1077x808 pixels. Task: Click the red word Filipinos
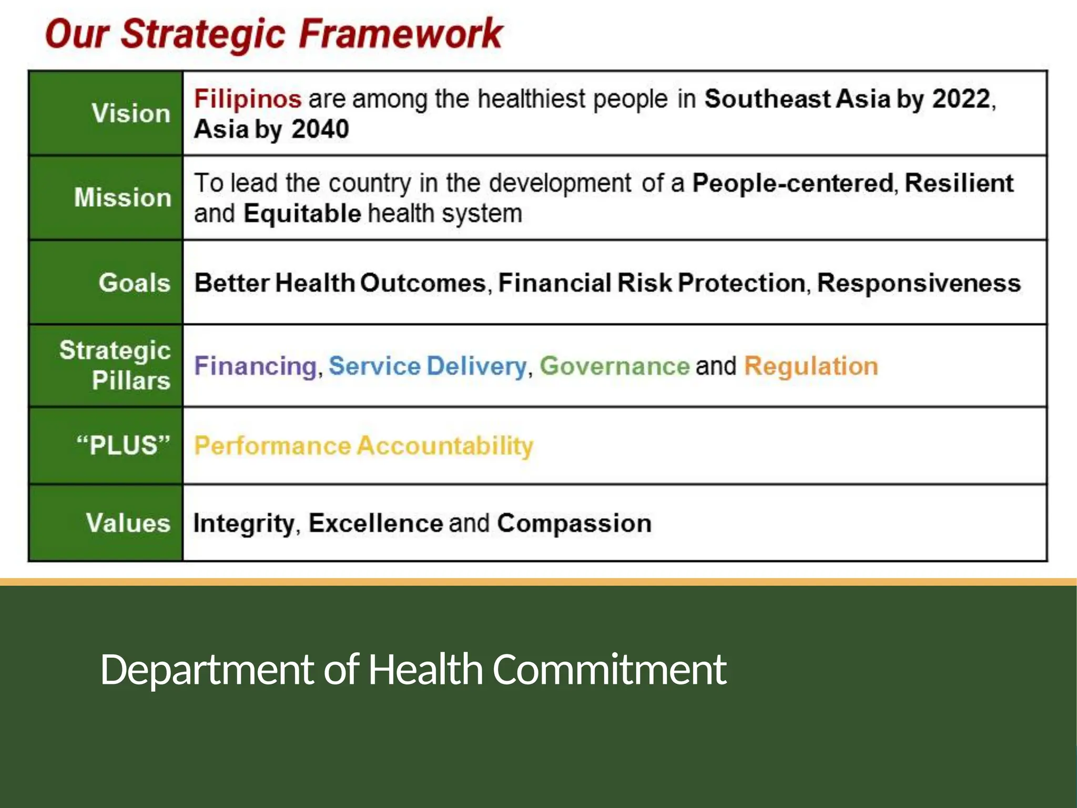coord(247,99)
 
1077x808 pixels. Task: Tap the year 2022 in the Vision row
coord(961,99)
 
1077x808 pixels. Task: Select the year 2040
coord(320,129)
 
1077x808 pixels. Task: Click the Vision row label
coord(131,113)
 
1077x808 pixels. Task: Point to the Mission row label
coord(123,197)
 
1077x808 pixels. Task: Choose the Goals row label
coord(135,282)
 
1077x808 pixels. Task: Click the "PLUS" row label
coord(124,445)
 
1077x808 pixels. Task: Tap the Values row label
coord(128,523)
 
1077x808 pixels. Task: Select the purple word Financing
coord(255,366)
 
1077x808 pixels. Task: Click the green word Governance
coord(614,366)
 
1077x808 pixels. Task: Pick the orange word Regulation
coord(811,366)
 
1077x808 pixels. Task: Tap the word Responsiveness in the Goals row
coord(919,283)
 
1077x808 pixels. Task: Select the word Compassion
coord(574,523)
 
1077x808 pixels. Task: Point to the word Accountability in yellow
coord(445,446)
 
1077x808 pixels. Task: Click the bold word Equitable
coord(302,214)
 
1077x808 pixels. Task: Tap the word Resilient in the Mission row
coord(959,183)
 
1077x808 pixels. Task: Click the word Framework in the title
coord(401,34)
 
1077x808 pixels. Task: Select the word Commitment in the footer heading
coord(609,669)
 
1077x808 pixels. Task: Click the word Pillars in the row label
coord(131,380)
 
